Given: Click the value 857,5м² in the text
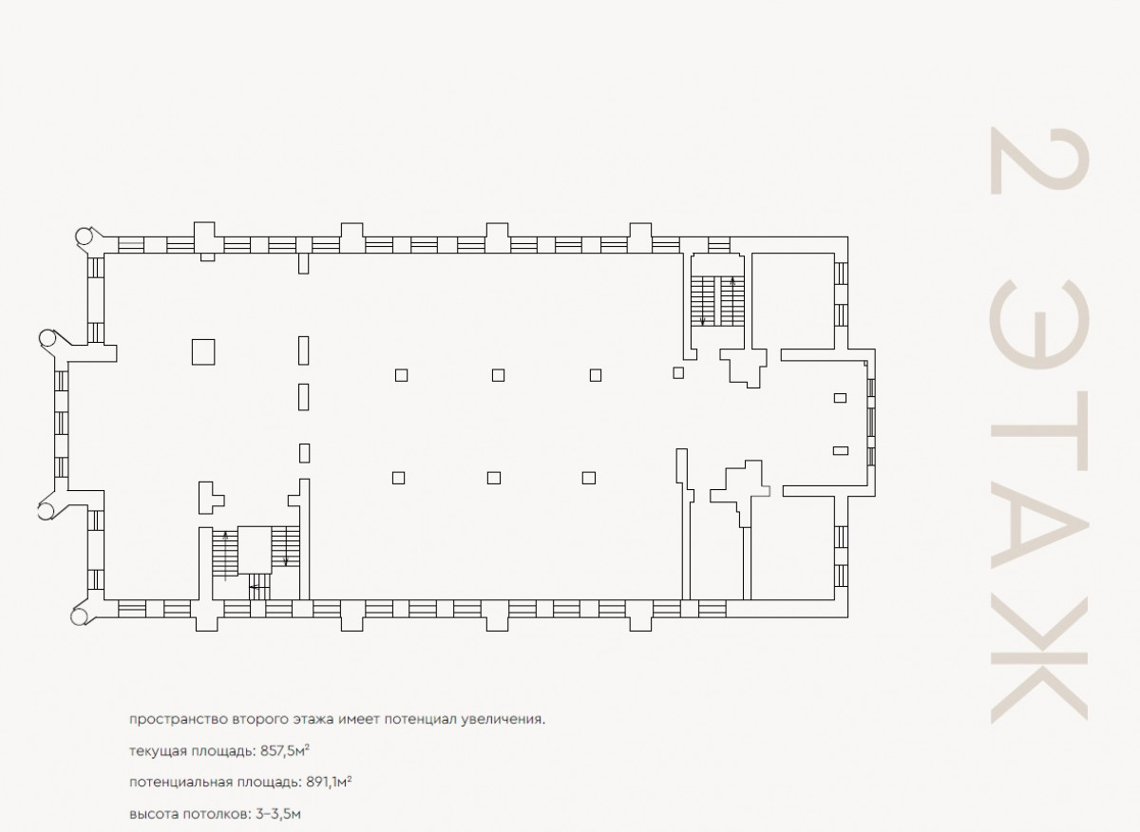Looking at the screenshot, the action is click(285, 751).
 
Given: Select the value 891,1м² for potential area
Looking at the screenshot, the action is click(329, 782).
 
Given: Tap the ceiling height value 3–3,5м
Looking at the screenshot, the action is click(278, 814).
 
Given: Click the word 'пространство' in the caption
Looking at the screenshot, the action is click(179, 720).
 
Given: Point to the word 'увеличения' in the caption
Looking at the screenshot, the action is click(503, 720).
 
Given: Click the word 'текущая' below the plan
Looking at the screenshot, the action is click(158, 752).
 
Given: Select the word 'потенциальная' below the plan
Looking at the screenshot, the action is click(180, 783).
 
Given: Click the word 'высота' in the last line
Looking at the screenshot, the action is click(154, 814).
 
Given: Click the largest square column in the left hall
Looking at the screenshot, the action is click(203, 352).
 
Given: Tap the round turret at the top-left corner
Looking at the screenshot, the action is click(84, 236).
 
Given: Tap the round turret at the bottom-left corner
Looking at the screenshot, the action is click(80, 616).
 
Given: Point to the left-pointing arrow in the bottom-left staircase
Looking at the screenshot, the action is click(259, 587).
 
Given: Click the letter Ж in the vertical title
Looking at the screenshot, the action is click(1038, 659).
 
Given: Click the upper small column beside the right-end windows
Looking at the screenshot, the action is click(840, 398).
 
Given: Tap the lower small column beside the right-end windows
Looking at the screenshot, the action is click(840, 450).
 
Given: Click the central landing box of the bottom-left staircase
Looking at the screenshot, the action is click(255, 550).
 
